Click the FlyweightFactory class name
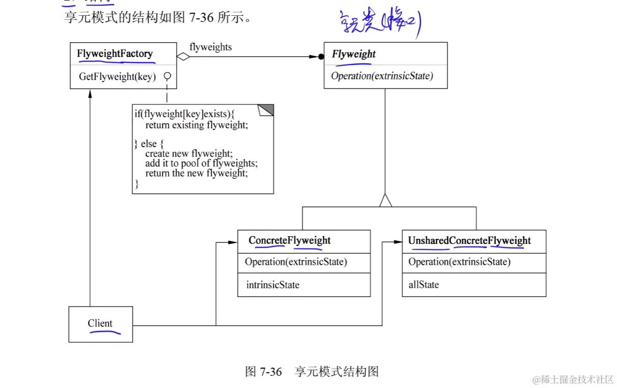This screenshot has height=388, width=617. point(115,53)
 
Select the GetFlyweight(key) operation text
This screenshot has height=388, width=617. point(117,77)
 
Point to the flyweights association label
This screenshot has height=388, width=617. point(210,47)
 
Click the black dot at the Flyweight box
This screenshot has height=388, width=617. point(321,57)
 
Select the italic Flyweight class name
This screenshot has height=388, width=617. point(354,54)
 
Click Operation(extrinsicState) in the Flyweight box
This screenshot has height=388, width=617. point(382,76)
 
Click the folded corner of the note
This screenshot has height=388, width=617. point(267,110)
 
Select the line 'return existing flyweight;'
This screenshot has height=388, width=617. point(197,125)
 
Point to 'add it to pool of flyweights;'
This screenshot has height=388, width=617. point(202,163)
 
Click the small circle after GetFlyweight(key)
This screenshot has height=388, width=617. point(166,76)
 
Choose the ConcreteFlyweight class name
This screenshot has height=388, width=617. point(289,240)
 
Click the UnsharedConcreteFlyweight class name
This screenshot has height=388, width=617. point(469,241)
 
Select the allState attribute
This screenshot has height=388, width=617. point(424,285)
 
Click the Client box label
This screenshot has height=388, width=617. point(100,323)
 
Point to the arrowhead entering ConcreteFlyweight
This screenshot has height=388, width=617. point(233,242)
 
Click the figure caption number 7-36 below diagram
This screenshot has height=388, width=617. point(270,372)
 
